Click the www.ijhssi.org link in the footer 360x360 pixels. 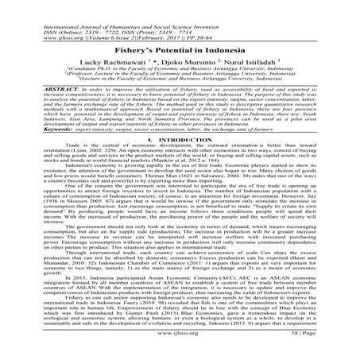180,346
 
